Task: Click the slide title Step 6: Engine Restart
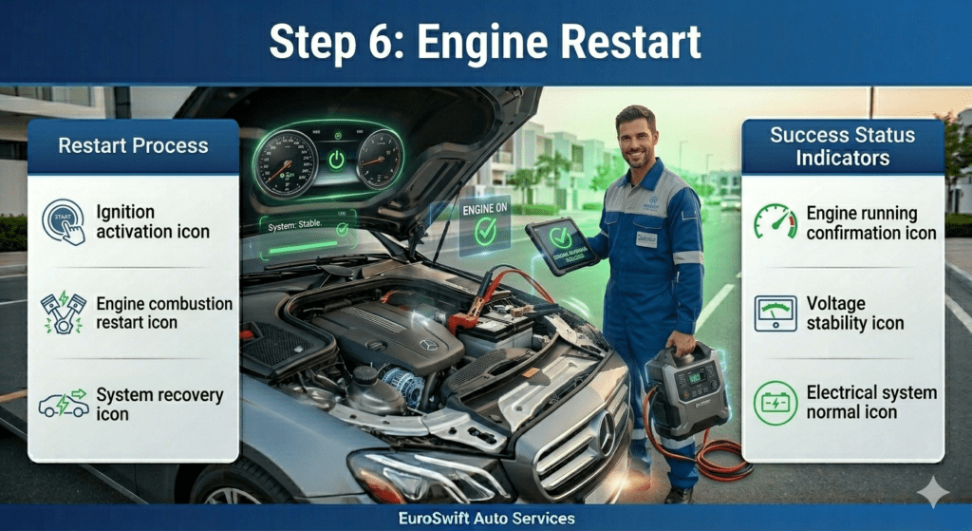coord(485,42)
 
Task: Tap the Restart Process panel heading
coord(133,146)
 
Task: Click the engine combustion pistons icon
coord(64,313)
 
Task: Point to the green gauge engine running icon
coord(776,221)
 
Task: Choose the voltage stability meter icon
coord(776,313)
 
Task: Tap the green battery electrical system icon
coord(776,402)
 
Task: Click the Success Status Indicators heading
coord(841,145)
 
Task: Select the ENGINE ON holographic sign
coord(485,224)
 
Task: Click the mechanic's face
coord(636,139)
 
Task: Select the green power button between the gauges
coord(336,160)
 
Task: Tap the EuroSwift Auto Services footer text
coord(485,519)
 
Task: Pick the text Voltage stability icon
coord(854,313)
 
